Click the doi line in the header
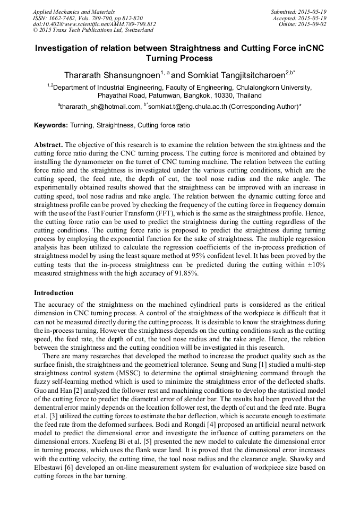tap(94, 24)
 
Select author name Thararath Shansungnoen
tap(110, 75)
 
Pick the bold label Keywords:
tap(50, 126)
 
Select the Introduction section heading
tap(54, 292)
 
